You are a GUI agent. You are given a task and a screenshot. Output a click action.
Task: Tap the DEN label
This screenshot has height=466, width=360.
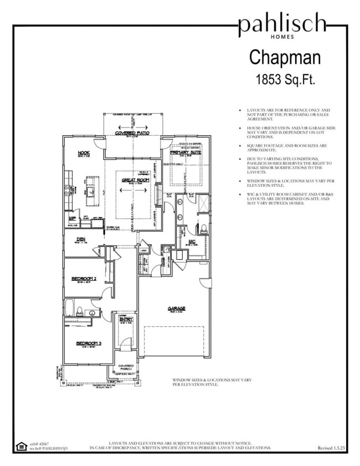tap(80, 239)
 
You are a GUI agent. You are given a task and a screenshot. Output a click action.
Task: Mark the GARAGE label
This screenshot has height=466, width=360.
tap(177, 309)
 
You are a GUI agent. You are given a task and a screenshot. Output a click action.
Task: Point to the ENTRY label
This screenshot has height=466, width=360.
tap(126, 319)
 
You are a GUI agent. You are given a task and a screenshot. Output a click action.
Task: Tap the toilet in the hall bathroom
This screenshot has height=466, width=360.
tap(79, 310)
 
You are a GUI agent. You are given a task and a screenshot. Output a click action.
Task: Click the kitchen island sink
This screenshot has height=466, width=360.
tap(87, 188)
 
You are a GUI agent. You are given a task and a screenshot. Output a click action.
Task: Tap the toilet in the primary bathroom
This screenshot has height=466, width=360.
tap(203, 227)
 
